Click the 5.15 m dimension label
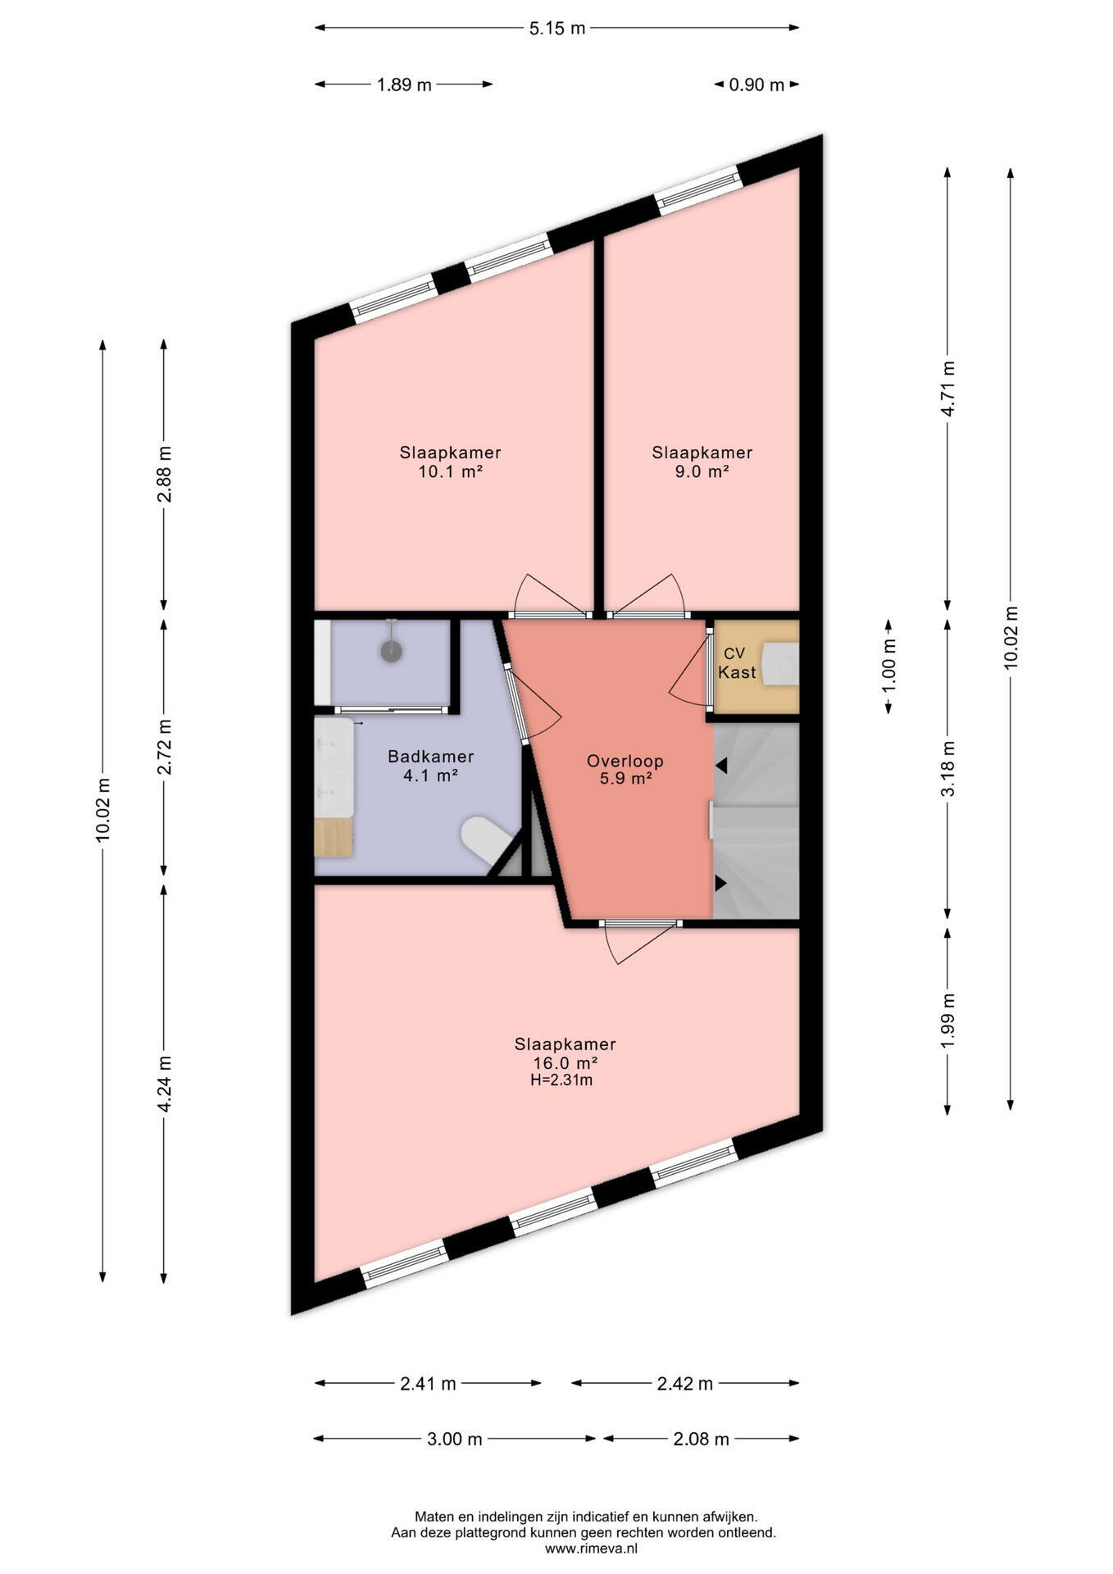[x=557, y=28]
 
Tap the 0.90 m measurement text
[x=756, y=84]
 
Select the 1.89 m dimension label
[x=404, y=84]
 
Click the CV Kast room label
[x=736, y=663]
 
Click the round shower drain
[x=392, y=650]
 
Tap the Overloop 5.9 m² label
[x=625, y=770]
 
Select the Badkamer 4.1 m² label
[x=430, y=765]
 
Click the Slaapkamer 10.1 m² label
[x=450, y=462]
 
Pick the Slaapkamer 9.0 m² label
[x=702, y=462]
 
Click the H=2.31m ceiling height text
[x=561, y=1080]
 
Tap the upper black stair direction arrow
[x=720, y=765]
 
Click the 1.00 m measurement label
[x=888, y=666]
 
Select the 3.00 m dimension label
[x=454, y=1439]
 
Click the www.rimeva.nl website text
[x=591, y=1549]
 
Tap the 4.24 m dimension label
[x=164, y=1084]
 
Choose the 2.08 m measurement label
[x=701, y=1439]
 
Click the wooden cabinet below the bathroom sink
[x=334, y=837]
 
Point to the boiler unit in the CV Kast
[x=780, y=662]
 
